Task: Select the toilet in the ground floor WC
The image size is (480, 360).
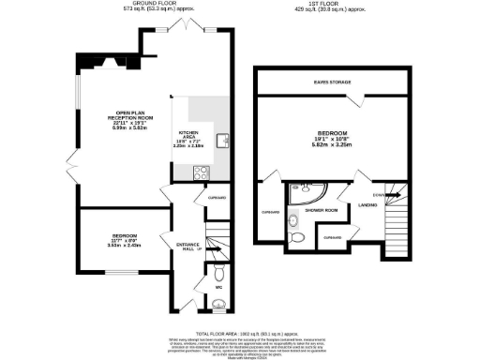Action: [x=216, y=273]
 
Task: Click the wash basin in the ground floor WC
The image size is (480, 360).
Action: [x=217, y=305]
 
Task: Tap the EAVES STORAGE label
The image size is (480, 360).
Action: [x=334, y=83]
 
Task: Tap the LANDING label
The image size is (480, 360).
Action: [x=367, y=204]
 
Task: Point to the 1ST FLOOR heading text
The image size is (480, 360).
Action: [x=334, y=4]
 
